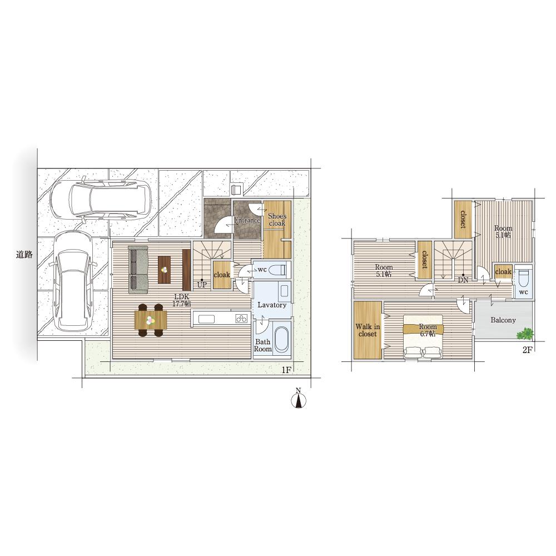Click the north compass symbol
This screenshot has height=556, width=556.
click(299, 399)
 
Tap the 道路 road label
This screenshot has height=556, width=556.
click(24, 254)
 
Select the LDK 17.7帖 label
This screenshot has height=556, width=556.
click(182, 300)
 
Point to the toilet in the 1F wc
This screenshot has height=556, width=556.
click(278, 270)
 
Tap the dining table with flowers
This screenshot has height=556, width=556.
click(151, 320)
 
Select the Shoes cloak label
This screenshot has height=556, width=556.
click(277, 220)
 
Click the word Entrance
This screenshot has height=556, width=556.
click(247, 220)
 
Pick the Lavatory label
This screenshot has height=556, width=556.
click(272, 305)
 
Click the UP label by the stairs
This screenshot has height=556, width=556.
click(202, 285)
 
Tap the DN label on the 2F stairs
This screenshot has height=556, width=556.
click(463, 280)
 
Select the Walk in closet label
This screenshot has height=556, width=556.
click(368, 330)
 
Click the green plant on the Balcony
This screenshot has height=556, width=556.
click(525, 334)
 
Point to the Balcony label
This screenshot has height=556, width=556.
click(503, 320)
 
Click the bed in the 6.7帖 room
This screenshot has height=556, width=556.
click(423, 337)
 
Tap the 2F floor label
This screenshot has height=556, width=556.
click(527, 350)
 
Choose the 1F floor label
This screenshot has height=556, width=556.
click(286, 370)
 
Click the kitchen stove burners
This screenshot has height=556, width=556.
click(241, 319)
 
